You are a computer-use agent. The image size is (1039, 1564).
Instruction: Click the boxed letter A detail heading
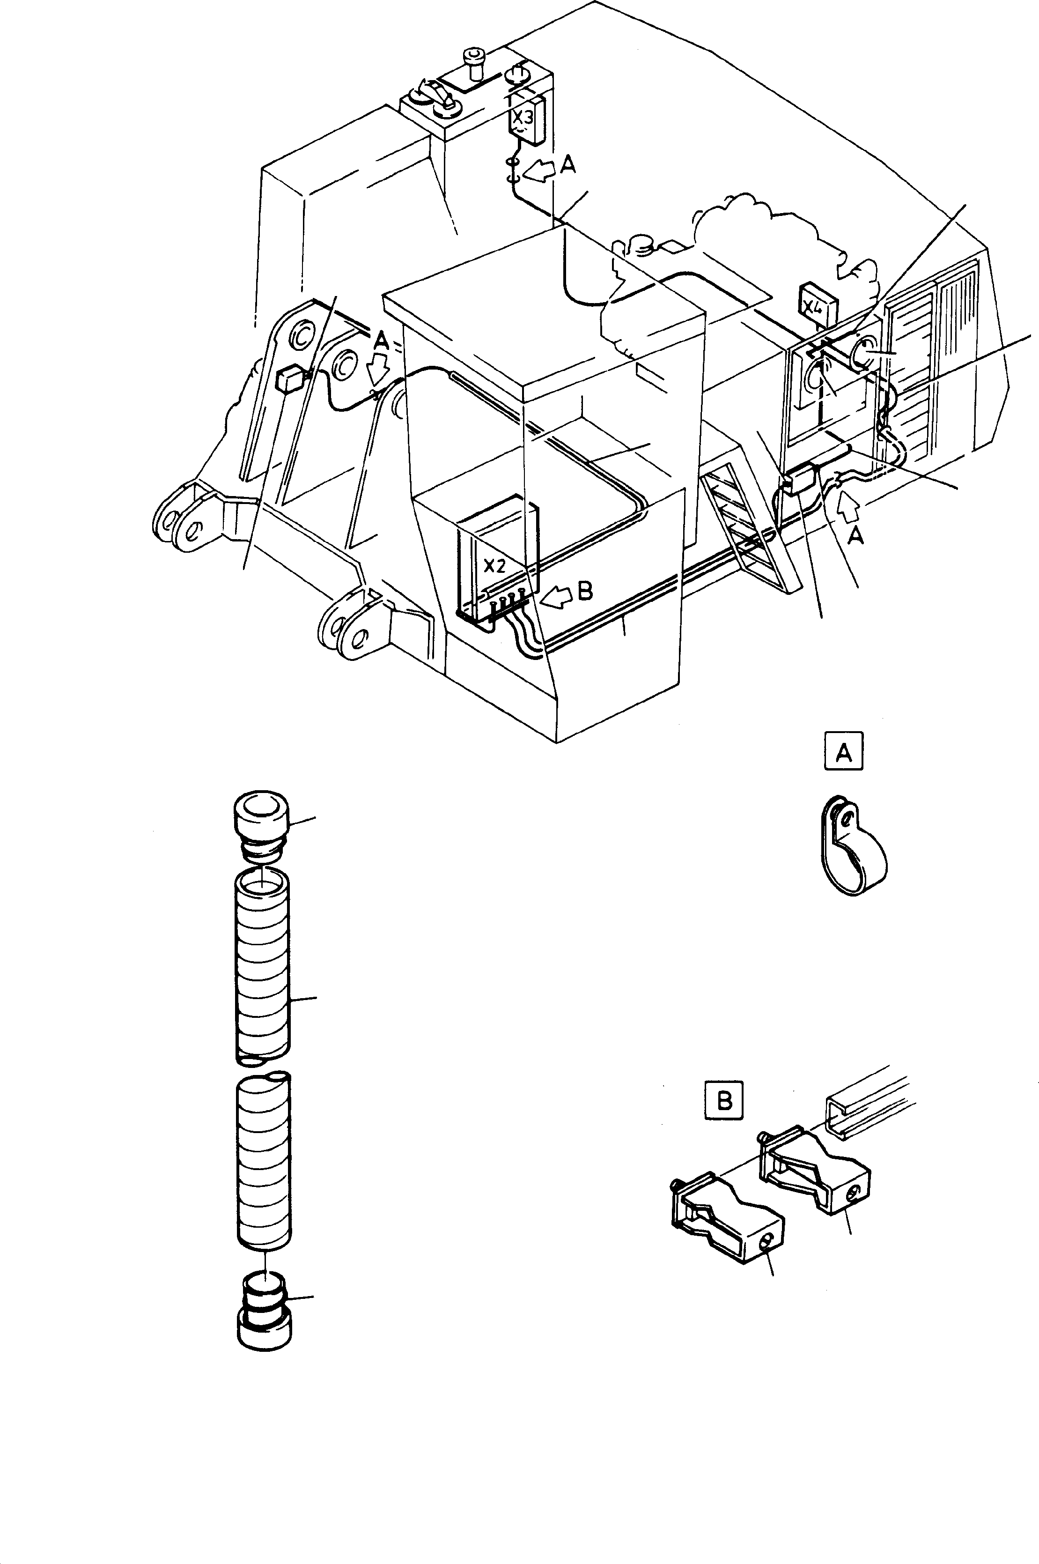(844, 751)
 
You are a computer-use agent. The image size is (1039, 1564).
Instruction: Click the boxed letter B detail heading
(724, 1101)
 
